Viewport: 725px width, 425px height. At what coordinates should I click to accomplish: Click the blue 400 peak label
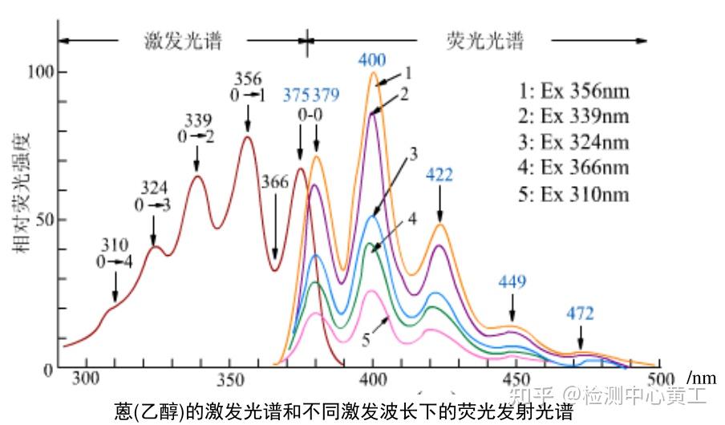[x=372, y=60]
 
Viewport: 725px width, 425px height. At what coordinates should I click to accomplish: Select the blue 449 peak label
[x=512, y=281]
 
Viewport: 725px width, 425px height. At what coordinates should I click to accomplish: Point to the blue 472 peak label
[x=581, y=314]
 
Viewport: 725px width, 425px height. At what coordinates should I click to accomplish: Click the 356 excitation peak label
[x=248, y=79]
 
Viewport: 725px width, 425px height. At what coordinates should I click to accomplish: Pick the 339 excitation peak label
[x=197, y=120]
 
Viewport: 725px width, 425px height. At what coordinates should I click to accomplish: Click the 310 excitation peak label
[x=115, y=245]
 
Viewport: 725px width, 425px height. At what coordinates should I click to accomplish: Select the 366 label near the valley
[x=273, y=183]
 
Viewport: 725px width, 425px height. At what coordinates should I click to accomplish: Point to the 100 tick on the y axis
[x=39, y=72]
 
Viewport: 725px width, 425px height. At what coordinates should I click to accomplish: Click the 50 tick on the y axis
[x=43, y=220]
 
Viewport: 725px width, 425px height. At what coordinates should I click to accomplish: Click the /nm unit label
[x=701, y=377]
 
